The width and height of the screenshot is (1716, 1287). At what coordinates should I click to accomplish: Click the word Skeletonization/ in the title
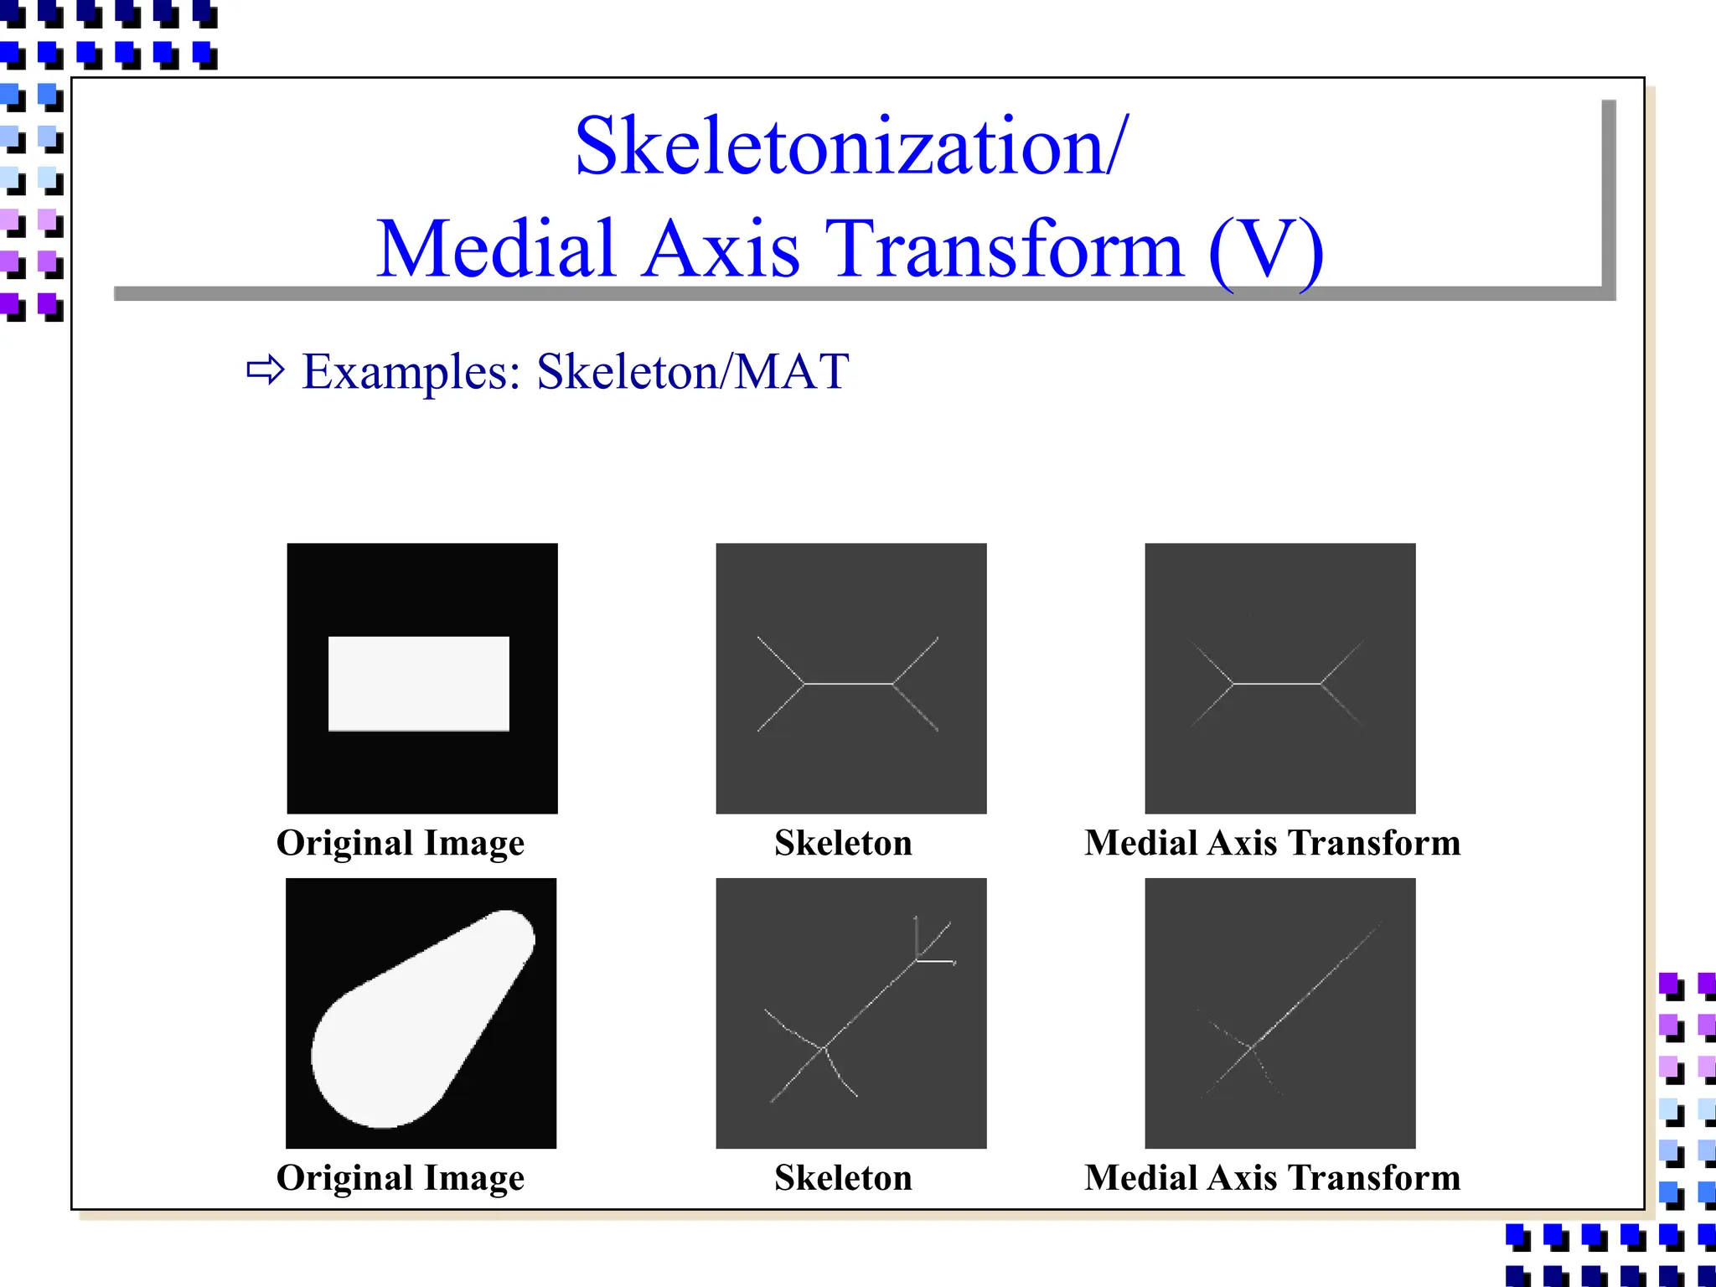[x=850, y=147]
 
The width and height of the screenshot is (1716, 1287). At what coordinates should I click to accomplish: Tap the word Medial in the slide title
[x=496, y=249]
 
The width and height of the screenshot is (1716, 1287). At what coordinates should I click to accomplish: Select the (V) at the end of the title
[x=1265, y=249]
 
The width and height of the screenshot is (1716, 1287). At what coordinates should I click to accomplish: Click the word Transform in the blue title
[x=1004, y=249]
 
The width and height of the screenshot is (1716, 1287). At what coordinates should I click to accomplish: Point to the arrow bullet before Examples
[x=266, y=370]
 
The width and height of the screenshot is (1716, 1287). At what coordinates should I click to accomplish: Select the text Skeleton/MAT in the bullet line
[x=692, y=371]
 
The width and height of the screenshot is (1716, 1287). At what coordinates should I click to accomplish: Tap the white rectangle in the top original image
[x=418, y=683]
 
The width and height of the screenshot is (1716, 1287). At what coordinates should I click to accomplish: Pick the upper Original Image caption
[x=401, y=843]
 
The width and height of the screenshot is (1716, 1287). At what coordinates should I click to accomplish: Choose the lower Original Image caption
[x=401, y=1178]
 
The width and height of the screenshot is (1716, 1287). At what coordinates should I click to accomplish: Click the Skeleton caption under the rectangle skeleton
[x=843, y=843]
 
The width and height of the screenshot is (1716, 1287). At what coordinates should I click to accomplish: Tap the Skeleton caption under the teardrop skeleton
[x=843, y=1178]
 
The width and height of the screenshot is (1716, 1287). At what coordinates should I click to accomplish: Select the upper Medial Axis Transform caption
[x=1272, y=843]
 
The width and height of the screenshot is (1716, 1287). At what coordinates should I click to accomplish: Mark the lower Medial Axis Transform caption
[x=1272, y=1178]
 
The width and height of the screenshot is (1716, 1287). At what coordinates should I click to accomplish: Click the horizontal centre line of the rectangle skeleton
[x=848, y=684]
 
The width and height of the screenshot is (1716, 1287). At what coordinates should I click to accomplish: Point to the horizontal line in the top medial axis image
[x=1277, y=684]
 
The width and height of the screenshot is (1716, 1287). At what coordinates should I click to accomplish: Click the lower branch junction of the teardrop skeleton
[x=824, y=1047]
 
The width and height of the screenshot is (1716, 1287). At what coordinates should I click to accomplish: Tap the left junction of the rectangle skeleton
[x=804, y=684]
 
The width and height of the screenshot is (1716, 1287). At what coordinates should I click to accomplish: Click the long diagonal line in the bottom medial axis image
[x=1315, y=985]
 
